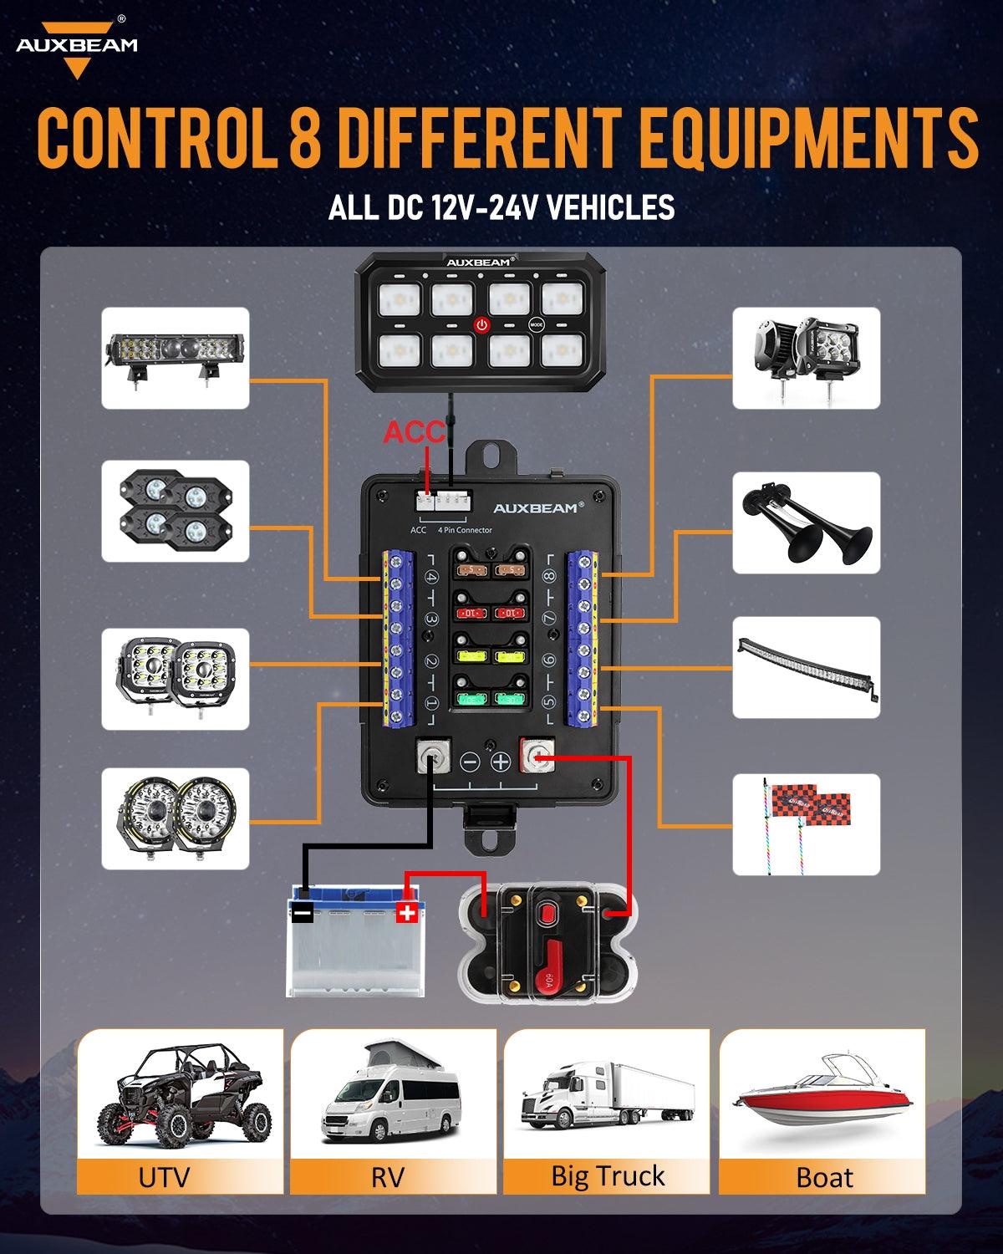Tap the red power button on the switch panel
(482, 324)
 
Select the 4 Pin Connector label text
(465, 530)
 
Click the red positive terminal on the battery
(406, 912)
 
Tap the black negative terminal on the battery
(303, 913)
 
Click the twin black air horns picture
(806, 522)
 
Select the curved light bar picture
(806, 667)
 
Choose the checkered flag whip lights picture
(806, 824)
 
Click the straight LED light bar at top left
(176, 358)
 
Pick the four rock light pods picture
(176, 511)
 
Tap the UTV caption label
(164, 1176)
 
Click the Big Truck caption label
(608, 1175)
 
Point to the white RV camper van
(391, 1095)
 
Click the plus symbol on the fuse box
(500, 762)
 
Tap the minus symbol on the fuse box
(471, 762)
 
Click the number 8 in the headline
(305, 137)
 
